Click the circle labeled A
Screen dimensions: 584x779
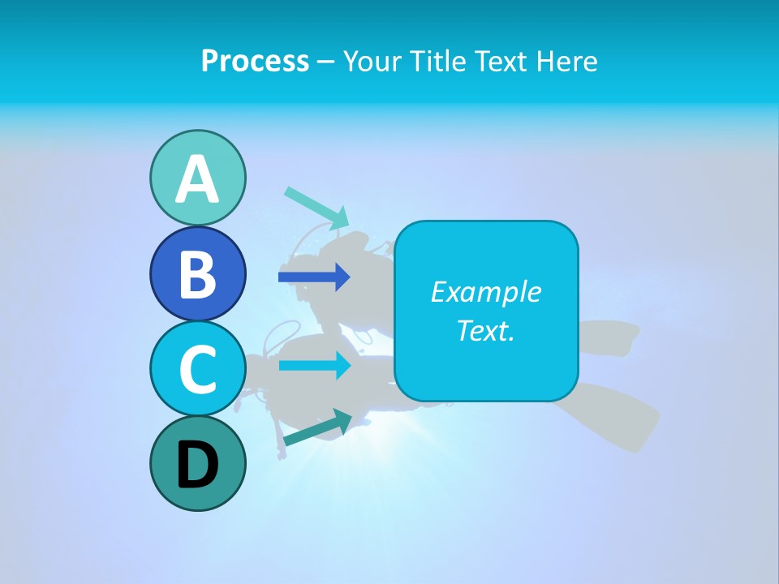[198, 178]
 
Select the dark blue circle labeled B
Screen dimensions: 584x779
[198, 273]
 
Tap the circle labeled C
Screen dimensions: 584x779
[198, 368]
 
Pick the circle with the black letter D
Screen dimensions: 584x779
[198, 464]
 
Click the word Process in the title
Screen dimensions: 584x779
[255, 61]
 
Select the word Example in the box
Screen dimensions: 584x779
[485, 292]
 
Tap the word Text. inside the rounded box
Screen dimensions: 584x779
[485, 330]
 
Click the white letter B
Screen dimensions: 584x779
[197, 274]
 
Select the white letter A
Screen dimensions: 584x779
[198, 179]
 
